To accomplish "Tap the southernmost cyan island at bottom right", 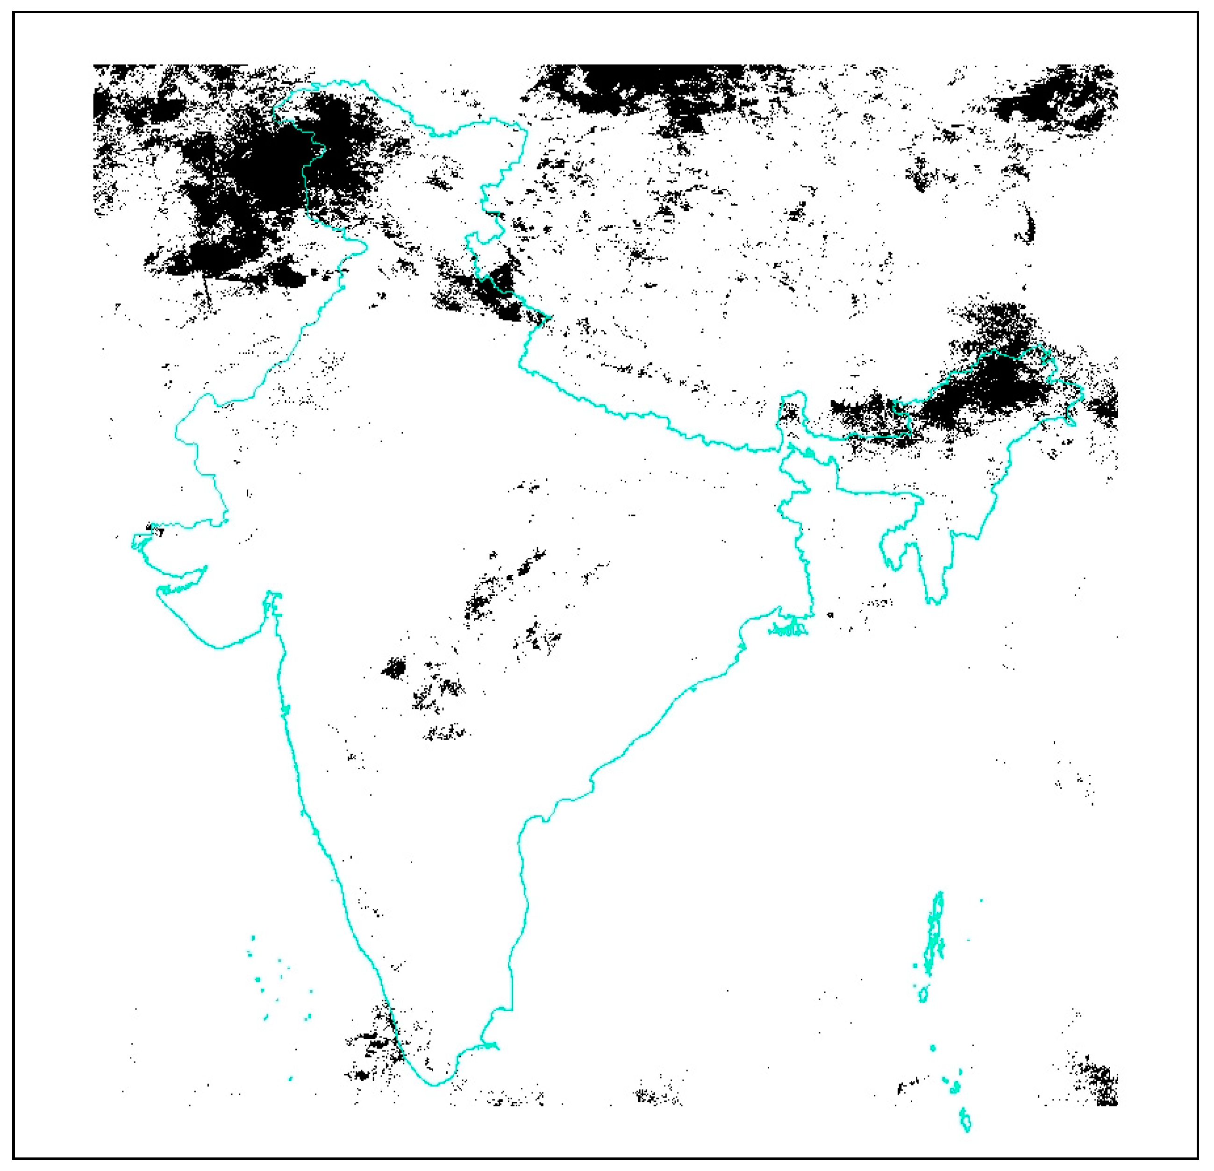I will coord(965,1137).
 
